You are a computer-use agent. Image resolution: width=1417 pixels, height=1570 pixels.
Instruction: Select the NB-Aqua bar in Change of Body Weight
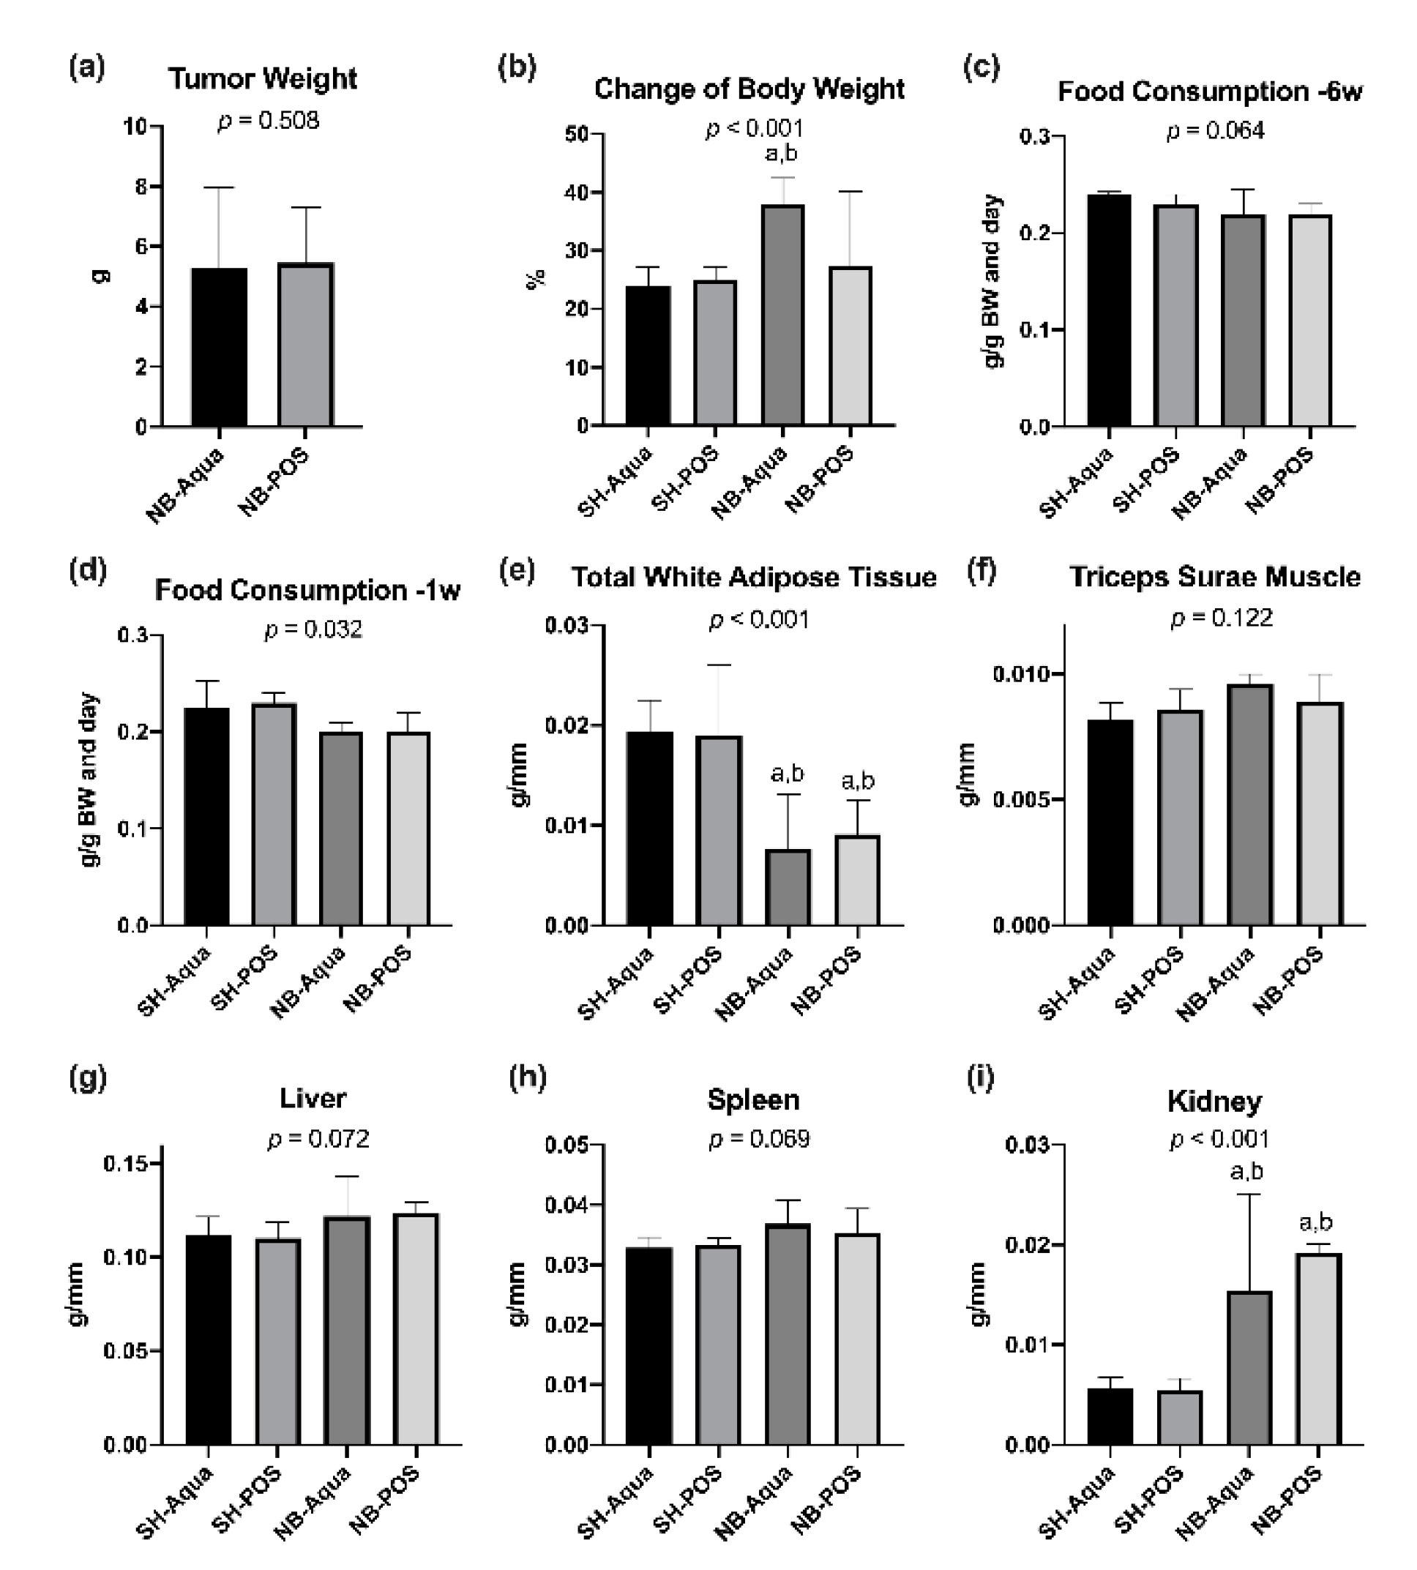pos(782,315)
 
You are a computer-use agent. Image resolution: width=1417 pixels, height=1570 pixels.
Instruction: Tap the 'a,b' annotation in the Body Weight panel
pos(781,154)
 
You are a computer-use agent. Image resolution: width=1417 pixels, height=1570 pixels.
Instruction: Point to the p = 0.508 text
pos(268,121)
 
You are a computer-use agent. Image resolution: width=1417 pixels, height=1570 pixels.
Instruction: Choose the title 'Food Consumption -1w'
pos(307,589)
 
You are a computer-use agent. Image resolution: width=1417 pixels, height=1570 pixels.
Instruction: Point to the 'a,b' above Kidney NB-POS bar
pos(1316,1223)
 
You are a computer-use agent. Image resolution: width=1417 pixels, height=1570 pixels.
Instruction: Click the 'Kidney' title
pos(1214,1102)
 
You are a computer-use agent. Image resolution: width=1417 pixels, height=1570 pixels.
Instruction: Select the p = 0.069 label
pos(759,1139)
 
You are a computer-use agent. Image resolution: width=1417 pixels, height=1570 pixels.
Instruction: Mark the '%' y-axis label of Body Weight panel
pos(536,279)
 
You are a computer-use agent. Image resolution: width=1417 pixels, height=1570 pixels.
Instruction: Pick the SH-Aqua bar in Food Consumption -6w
pos(1109,310)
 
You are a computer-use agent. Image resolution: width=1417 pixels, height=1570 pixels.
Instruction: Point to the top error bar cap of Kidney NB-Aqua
pos(1249,1194)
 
